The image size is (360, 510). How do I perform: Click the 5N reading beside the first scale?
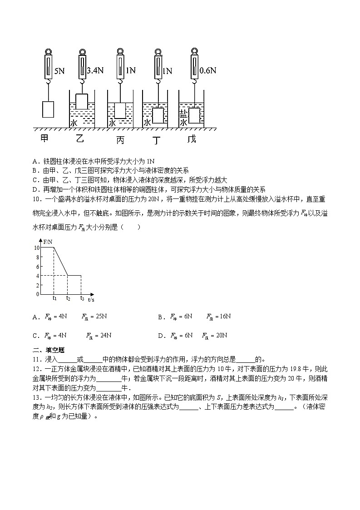[59, 71]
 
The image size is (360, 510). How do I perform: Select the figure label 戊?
[192, 139]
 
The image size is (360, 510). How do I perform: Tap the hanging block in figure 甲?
[48, 109]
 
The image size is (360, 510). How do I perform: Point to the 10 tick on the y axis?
[37, 248]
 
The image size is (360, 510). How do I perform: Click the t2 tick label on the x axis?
[68, 298]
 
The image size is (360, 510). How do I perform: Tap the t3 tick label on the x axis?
[82, 298]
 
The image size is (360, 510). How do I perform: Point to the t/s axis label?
[91, 300]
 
